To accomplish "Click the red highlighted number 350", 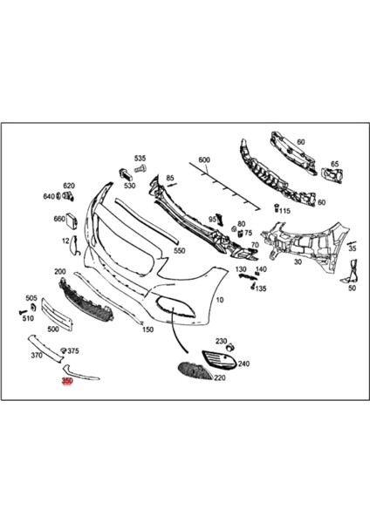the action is click(67, 381).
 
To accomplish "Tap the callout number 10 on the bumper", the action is click(219, 300).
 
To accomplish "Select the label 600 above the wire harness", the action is click(204, 160).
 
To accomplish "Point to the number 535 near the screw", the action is click(140, 158).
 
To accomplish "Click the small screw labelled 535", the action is click(140, 169).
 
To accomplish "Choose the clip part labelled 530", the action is click(125, 175).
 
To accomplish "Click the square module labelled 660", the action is click(72, 221).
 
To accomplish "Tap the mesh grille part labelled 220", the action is click(195, 370).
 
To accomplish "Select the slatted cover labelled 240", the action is click(220, 359).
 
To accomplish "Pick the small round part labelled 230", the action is click(230, 348).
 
